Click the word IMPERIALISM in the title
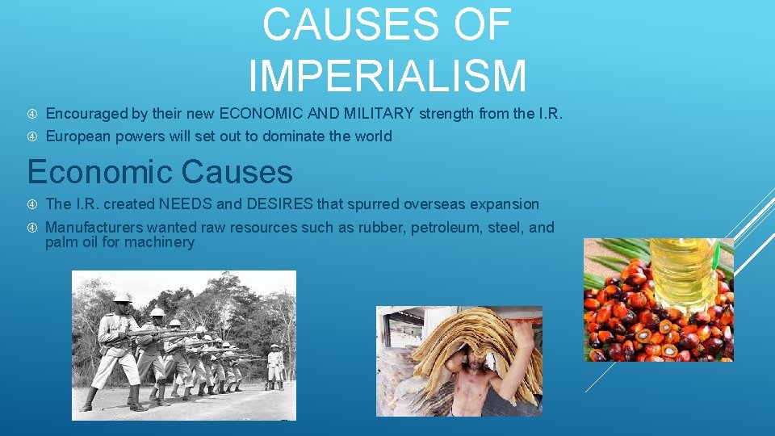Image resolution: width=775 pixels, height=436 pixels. pos(387,75)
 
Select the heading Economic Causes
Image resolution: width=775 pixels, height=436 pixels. pos(160,171)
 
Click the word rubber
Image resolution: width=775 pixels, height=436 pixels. pos(380,228)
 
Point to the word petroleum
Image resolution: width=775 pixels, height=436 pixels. pos(446,228)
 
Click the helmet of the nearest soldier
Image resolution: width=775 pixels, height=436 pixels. pos(123,298)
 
